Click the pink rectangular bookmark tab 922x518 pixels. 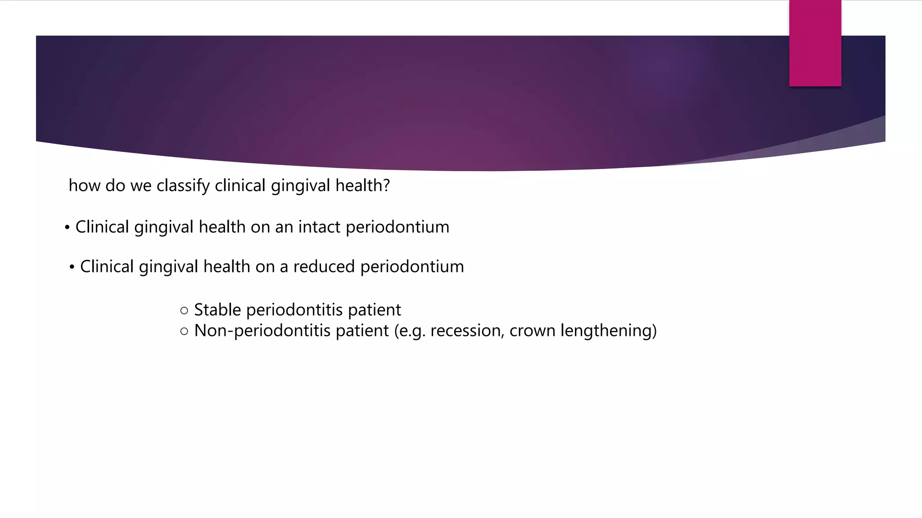815,43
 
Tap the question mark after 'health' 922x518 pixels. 386,185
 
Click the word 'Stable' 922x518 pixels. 217,310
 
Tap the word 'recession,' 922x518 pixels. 467,331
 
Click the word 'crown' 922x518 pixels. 532,331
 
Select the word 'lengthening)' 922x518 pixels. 608,331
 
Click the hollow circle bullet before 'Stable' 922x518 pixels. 184,310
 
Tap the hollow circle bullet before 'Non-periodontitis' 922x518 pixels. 184,331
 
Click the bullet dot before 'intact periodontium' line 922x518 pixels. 67,228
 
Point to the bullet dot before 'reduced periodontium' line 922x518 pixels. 72,267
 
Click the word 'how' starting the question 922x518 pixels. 84,185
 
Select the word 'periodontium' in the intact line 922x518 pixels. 397,227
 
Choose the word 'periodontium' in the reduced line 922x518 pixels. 412,267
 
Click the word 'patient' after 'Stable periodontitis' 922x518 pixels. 374,310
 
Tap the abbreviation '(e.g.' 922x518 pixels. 410,331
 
